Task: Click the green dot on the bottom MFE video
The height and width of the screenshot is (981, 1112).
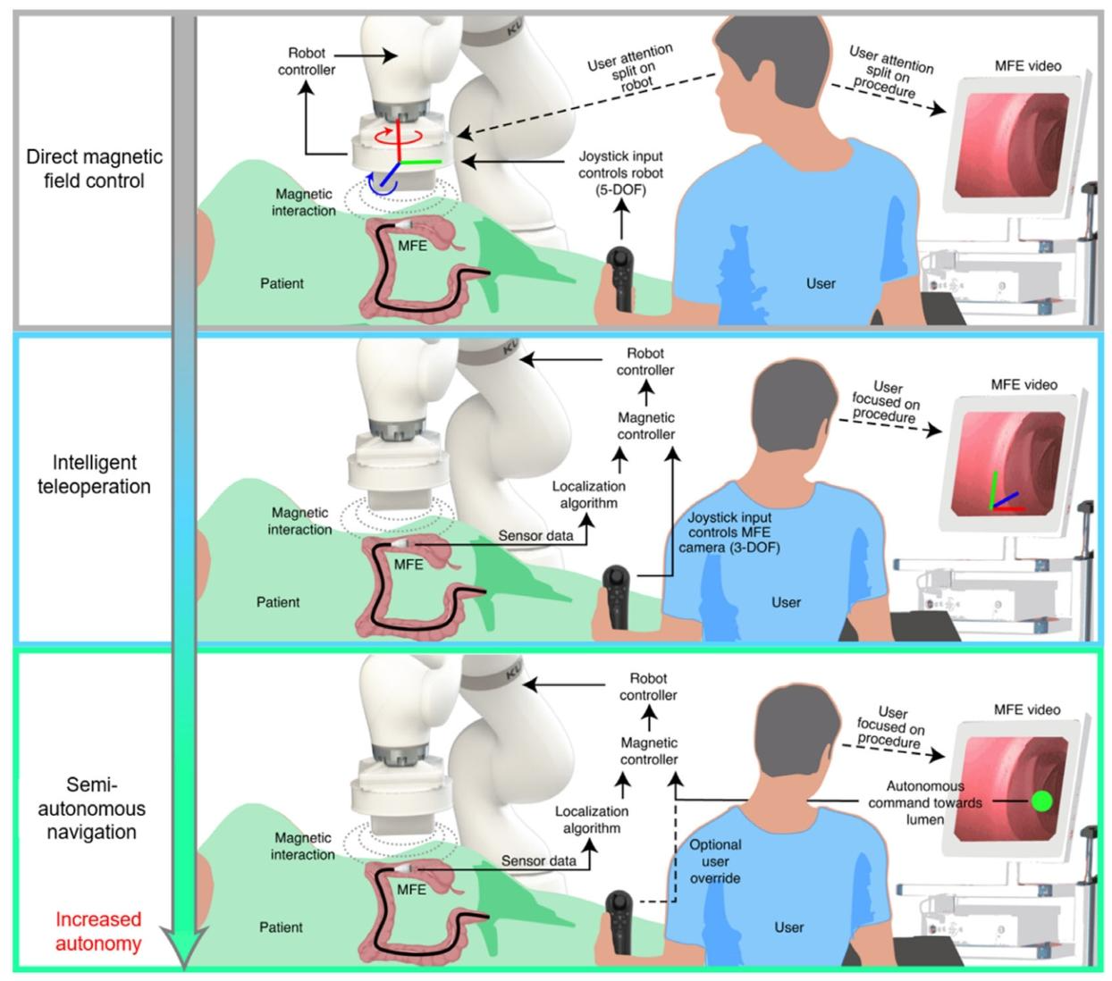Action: click(1041, 801)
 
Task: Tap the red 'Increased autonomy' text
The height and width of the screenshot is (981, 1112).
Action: click(98, 931)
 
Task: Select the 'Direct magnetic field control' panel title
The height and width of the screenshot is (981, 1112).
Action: click(95, 169)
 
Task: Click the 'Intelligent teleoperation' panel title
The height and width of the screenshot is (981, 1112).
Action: click(94, 474)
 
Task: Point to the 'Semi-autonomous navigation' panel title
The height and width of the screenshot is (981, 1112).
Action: click(92, 809)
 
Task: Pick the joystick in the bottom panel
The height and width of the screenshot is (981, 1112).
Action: click(619, 924)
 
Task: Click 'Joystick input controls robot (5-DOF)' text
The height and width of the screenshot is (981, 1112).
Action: click(620, 172)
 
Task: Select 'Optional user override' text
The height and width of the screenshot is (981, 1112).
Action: click(714, 861)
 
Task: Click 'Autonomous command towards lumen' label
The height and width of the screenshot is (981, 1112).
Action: click(925, 802)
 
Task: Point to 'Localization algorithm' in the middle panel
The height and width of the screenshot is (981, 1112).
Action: click(588, 494)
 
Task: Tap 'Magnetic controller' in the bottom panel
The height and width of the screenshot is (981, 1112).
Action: click(649, 750)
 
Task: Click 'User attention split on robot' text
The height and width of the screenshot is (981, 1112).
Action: click(632, 68)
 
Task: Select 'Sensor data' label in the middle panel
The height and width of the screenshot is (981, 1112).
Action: click(535, 535)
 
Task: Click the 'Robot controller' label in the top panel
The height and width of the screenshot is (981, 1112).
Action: click(307, 62)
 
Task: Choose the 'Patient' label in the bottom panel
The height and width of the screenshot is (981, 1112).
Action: click(281, 927)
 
